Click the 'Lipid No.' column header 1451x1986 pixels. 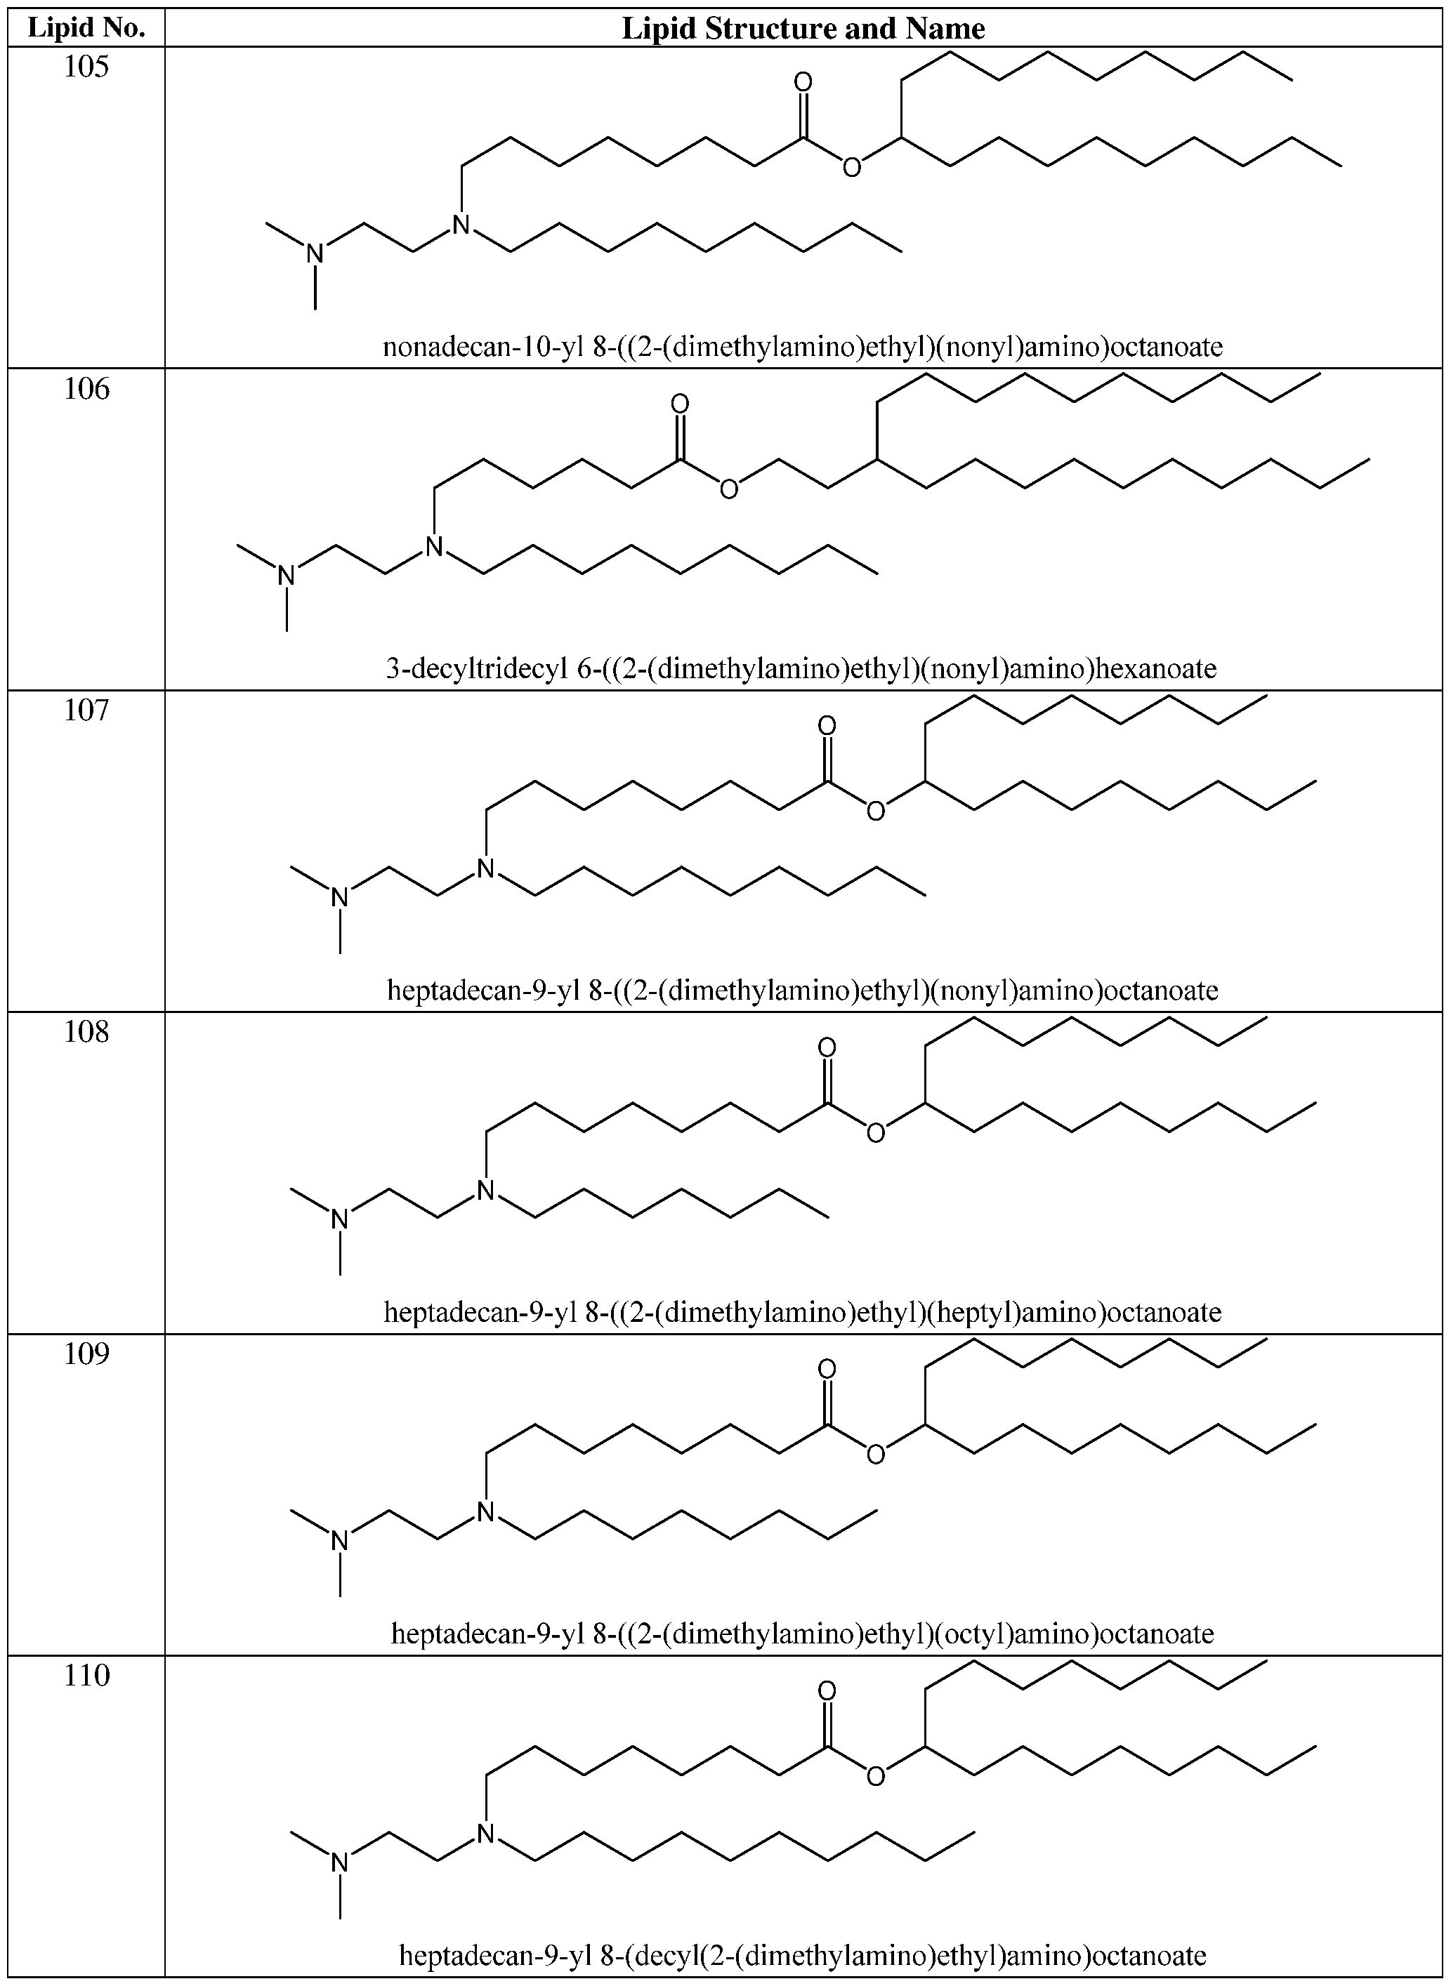86,28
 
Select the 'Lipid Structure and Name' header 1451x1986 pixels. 803,28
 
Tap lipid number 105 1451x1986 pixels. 86,67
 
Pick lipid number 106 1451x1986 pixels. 86,389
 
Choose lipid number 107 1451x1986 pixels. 86,710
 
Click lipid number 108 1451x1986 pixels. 86,1032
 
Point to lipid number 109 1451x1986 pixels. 86,1354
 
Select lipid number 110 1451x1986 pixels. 86,1675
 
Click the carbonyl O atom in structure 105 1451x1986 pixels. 803,83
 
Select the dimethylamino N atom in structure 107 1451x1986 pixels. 340,897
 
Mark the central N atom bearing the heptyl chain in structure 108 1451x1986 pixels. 486,1190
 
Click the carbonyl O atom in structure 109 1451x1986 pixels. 827,1370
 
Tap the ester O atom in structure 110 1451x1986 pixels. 876,1776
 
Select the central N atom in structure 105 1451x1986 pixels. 461,225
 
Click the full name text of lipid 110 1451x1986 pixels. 803,1955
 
